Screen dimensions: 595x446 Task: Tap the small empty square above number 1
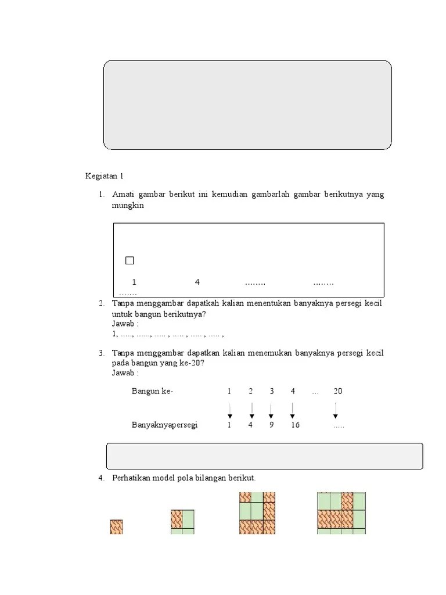[x=130, y=260]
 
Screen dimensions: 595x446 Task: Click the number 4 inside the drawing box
[x=197, y=282]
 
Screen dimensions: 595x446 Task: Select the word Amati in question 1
[x=123, y=194]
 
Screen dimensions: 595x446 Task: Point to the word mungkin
[x=128, y=206]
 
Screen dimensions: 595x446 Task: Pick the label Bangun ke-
[x=152, y=392]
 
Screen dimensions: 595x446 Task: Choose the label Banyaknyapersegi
[x=165, y=425]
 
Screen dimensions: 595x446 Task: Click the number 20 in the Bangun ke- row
[x=337, y=392]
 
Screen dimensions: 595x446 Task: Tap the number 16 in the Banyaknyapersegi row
[x=295, y=425]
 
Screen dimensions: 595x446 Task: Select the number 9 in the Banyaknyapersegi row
[x=271, y=425]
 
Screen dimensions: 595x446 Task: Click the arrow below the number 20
[x=336, y=411]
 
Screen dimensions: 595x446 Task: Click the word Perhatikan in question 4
[x=131, y=478]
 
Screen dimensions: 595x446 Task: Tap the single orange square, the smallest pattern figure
[x=116, y=526]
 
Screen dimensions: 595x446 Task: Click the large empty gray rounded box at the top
[x=247, y=105]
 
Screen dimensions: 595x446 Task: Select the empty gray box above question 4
[x=264, y=456]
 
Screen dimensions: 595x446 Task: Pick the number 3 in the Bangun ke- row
[x=271, y=392]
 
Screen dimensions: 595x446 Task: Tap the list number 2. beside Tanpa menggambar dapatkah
[x=101, y=303]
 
